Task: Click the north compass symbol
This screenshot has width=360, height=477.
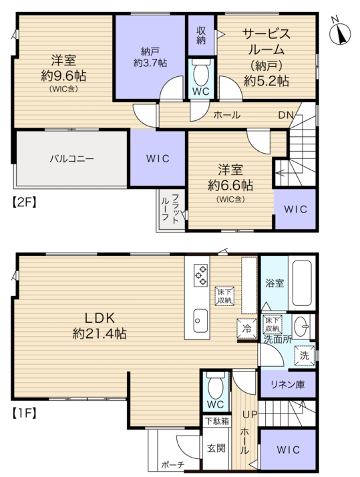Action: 339,33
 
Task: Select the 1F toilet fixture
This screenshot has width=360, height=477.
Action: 216,385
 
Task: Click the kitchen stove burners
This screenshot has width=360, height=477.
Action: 200,275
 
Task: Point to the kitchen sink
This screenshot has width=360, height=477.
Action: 200,321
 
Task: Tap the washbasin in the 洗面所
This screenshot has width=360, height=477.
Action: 301,327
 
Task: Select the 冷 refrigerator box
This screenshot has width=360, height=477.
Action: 247,329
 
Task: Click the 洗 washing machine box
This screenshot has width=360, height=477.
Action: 305,355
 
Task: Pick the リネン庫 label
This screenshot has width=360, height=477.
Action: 288,385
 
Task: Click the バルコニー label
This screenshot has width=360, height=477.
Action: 72,158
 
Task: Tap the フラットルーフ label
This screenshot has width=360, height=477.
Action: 170,208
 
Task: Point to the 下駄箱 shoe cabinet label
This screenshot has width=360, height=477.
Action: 217,421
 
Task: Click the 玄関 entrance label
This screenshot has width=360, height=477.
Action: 216,448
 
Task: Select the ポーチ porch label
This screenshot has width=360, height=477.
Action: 173,465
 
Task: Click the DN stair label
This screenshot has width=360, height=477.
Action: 287,115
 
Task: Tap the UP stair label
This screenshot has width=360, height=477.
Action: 250,414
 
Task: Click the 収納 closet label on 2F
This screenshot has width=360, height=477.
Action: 201,35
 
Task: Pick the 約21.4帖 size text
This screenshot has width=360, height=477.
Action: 100,334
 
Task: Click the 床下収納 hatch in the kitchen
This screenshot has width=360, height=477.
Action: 224,296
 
